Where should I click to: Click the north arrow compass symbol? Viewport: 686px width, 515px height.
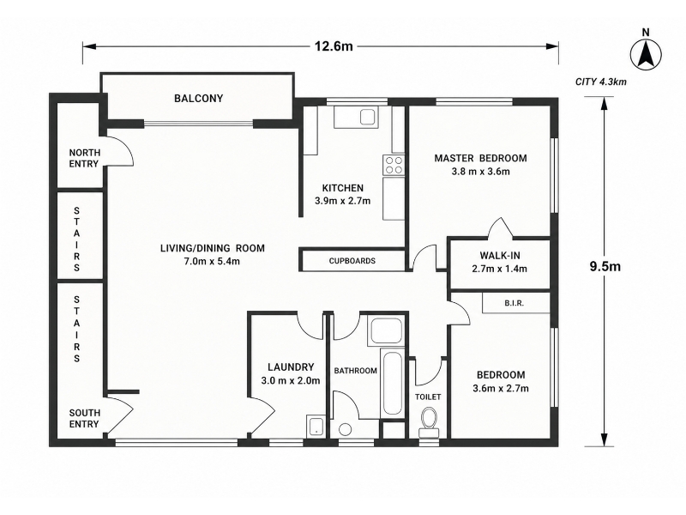[x=646, y=54]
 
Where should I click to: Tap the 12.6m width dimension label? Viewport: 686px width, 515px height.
[x=334, y=46]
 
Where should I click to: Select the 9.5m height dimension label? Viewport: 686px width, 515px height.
[x=605, y=266]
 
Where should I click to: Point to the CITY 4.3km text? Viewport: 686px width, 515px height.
[x=601, y=82]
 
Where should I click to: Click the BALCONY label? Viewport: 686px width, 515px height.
[x=199, y=98]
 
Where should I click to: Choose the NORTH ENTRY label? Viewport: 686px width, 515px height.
[x=84, y=158]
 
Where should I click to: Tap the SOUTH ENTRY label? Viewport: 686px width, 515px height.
[x=84, y=418]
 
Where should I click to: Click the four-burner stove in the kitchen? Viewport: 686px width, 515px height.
[x=394, y=165]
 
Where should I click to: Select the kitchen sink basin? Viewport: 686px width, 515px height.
[x=367, y=118]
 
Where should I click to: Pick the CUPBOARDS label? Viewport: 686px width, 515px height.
[x=352, y=261]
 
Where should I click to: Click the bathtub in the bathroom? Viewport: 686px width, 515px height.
[x=391, y=382]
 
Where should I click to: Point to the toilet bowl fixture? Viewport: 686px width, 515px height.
[x=428, y=422]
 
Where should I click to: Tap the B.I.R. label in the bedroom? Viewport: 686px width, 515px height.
[x=514, y=303]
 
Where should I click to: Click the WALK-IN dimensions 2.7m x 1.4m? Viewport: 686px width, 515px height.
[x=500, y=269]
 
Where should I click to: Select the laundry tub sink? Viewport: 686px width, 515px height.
[x=315, y=426]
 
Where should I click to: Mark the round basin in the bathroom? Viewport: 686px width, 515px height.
[x=346, y=430]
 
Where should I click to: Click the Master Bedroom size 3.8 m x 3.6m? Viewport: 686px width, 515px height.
[x=481, y=172]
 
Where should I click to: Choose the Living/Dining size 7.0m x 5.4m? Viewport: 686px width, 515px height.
[x=212, y=262]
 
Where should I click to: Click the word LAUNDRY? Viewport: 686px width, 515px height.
[x=291, y=367]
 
